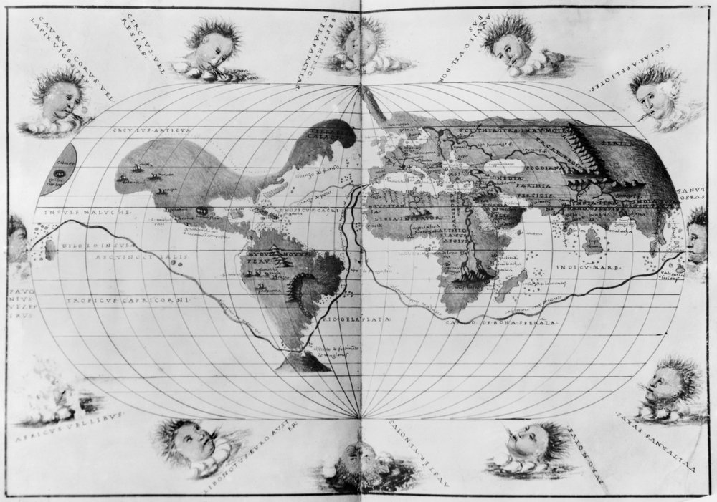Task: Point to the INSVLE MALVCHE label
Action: [x=77, y=213]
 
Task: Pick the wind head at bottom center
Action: [x=358, y=458]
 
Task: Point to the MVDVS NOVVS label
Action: [x=268, y=254]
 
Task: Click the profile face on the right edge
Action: [x=697, y=237]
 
